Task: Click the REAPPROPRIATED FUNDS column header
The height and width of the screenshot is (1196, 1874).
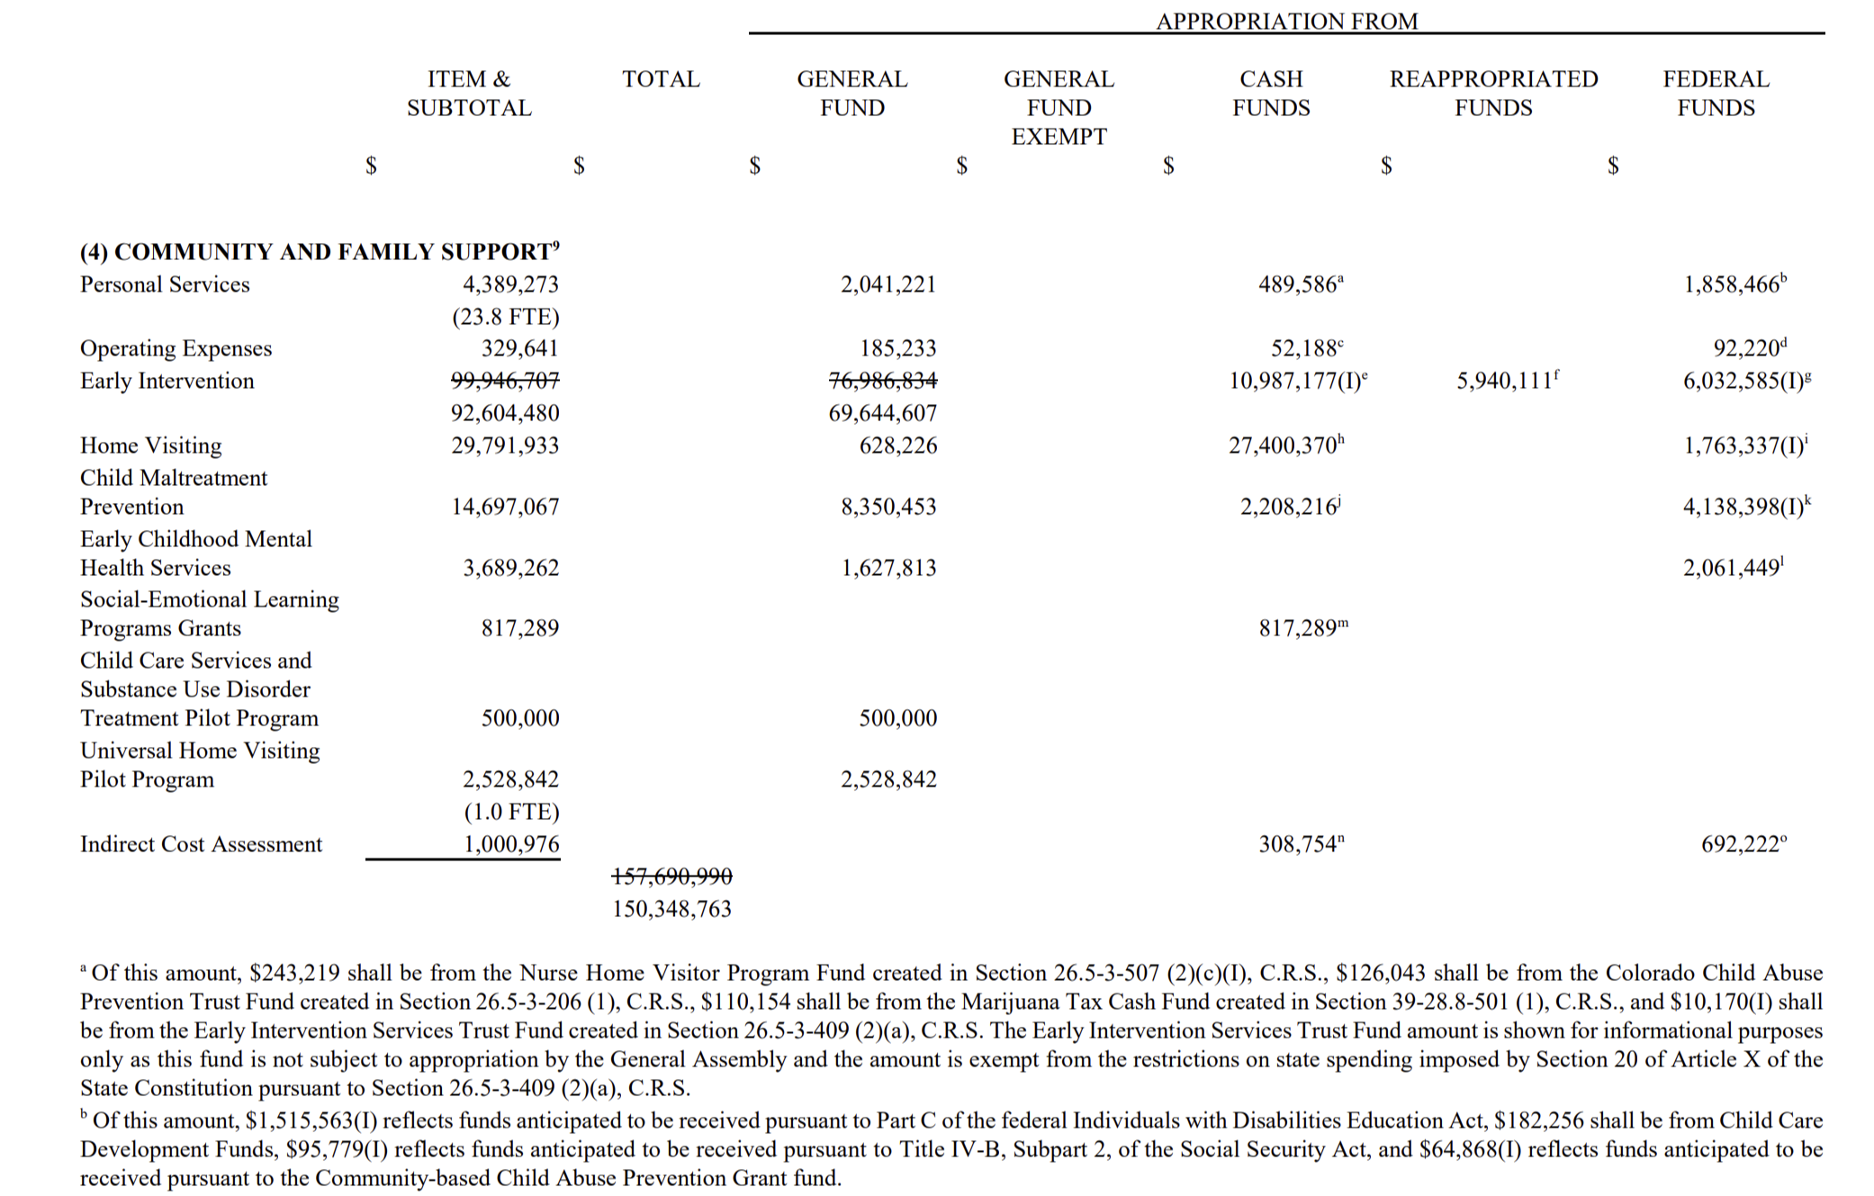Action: [1493, 93]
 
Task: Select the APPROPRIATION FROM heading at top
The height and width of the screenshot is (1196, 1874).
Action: [1286, 21]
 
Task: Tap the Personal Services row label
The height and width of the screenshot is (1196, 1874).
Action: [165, 284]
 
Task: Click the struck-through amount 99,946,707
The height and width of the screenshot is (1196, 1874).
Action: [505, 381]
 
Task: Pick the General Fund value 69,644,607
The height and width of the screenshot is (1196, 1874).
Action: [882, 413]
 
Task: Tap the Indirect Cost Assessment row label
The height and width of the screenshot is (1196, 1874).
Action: [201, 844]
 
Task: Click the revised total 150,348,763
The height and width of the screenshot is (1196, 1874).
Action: [671, 909]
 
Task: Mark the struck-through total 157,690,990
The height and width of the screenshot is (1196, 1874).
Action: [671, 876]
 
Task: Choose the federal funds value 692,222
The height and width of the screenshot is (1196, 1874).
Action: [1740, 844]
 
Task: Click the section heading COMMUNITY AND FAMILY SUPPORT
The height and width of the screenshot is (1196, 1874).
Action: [320, 251]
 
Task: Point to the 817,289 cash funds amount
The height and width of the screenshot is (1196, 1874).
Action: [1300, 628]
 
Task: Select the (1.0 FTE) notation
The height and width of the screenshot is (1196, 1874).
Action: [511, 812]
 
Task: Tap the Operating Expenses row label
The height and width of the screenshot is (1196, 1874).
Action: [176, 348]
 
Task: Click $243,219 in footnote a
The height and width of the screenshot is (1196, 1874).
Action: [294, 973]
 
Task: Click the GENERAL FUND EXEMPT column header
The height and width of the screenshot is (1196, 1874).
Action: [1059, 107]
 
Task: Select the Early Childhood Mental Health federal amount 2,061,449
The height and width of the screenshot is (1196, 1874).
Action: [1732, 568]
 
